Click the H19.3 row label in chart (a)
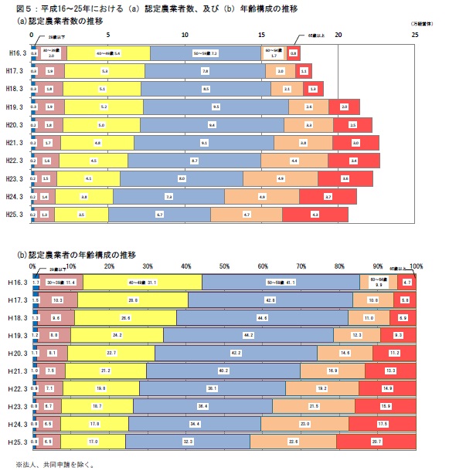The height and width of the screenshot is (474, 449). [14, 107]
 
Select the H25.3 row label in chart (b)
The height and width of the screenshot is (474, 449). [14, 442]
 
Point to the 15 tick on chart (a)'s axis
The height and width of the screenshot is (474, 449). [262, 36]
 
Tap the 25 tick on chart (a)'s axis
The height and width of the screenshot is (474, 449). [415, 36]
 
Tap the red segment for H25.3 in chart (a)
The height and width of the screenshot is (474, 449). [315, 214]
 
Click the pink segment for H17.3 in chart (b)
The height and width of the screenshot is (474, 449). [58, 300]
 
